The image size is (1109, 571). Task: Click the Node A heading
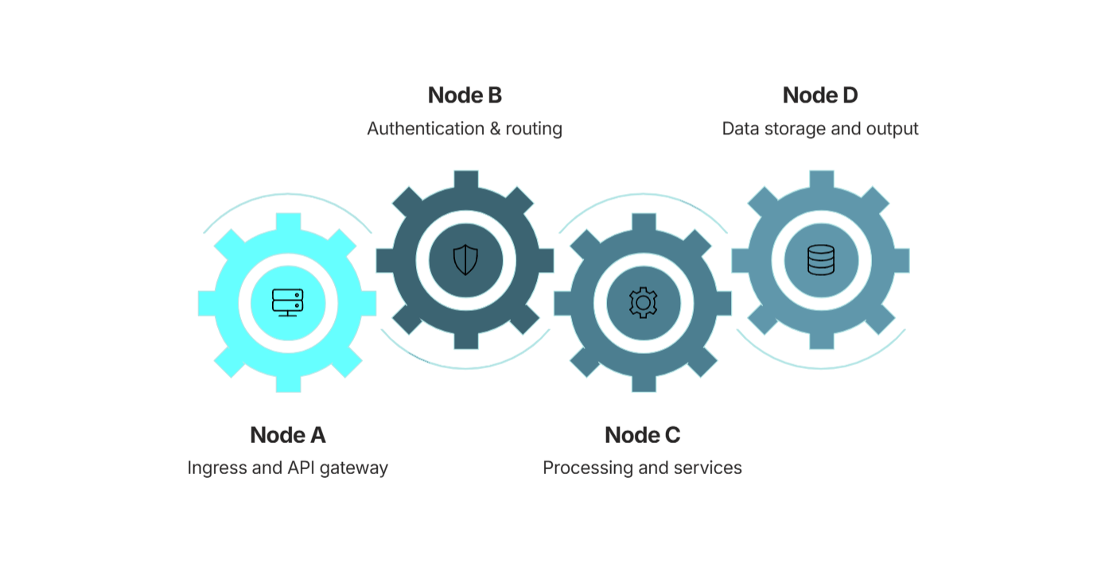(x=288, y=436)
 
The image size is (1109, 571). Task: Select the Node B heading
(x=465, y=95)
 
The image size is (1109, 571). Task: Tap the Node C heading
(x=643, y=436)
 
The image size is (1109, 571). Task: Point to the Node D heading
(x=820, y=95)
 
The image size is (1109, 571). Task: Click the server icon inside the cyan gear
(x=288, y=303)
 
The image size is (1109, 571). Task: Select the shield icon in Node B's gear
(x=465, y=260)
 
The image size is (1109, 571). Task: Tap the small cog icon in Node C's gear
(x=643, y=302)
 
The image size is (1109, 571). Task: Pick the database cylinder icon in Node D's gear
(x=821, y=260)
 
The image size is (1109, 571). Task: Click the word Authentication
(x=426, y=129)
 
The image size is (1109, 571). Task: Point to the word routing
(x=534, y=130)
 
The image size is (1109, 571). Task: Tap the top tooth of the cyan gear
(x=288, y=223)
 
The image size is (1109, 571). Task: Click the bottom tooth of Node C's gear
(x=644, y=383)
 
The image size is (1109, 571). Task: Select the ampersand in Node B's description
(x=495, y=129)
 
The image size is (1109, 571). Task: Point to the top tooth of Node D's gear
(x=821, y=180)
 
